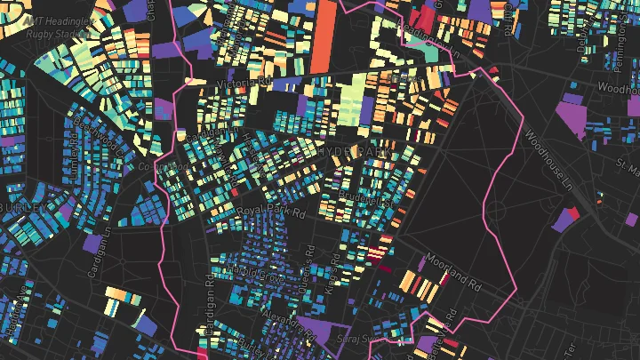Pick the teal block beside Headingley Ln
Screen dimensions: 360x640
tap(432, 52)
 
